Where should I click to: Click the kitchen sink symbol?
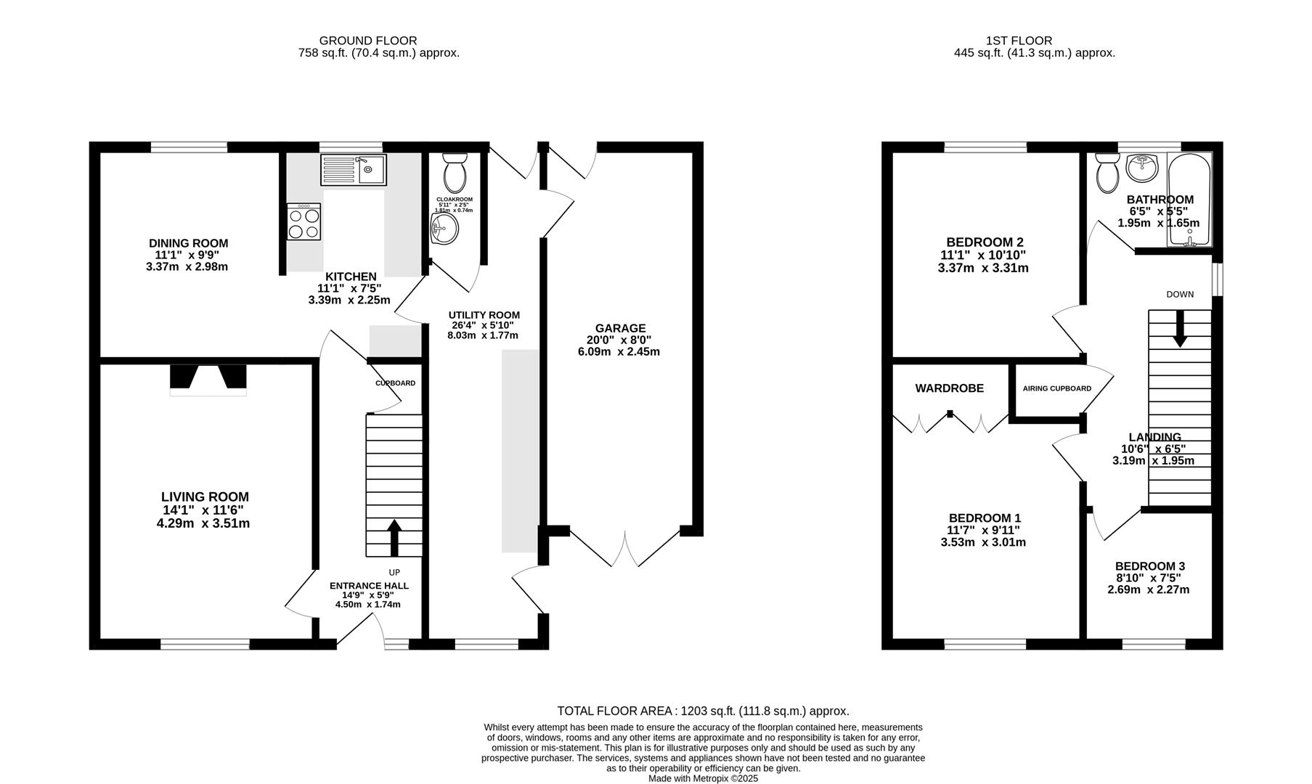click(353, 170)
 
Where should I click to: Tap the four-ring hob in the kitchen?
click(304, 222)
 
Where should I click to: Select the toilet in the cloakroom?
click(456, 171)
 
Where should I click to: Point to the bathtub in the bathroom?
click(1189, 200)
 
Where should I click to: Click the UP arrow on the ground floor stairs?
click(394, 538)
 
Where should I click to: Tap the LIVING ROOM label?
click(205, 497)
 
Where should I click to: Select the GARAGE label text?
click(620, 328)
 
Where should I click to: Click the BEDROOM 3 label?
click(1150, 566)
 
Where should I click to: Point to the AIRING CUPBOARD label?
click(1056, 388)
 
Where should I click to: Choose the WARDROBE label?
click(949, 388)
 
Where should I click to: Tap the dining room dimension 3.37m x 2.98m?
click(187, 266)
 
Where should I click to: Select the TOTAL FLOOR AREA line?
click(702, 711)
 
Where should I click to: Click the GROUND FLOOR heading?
click(368, 41)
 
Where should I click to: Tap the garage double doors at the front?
click(624, 548)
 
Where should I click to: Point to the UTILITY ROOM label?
click(484, 315)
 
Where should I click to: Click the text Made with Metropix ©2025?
click(703, 778)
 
